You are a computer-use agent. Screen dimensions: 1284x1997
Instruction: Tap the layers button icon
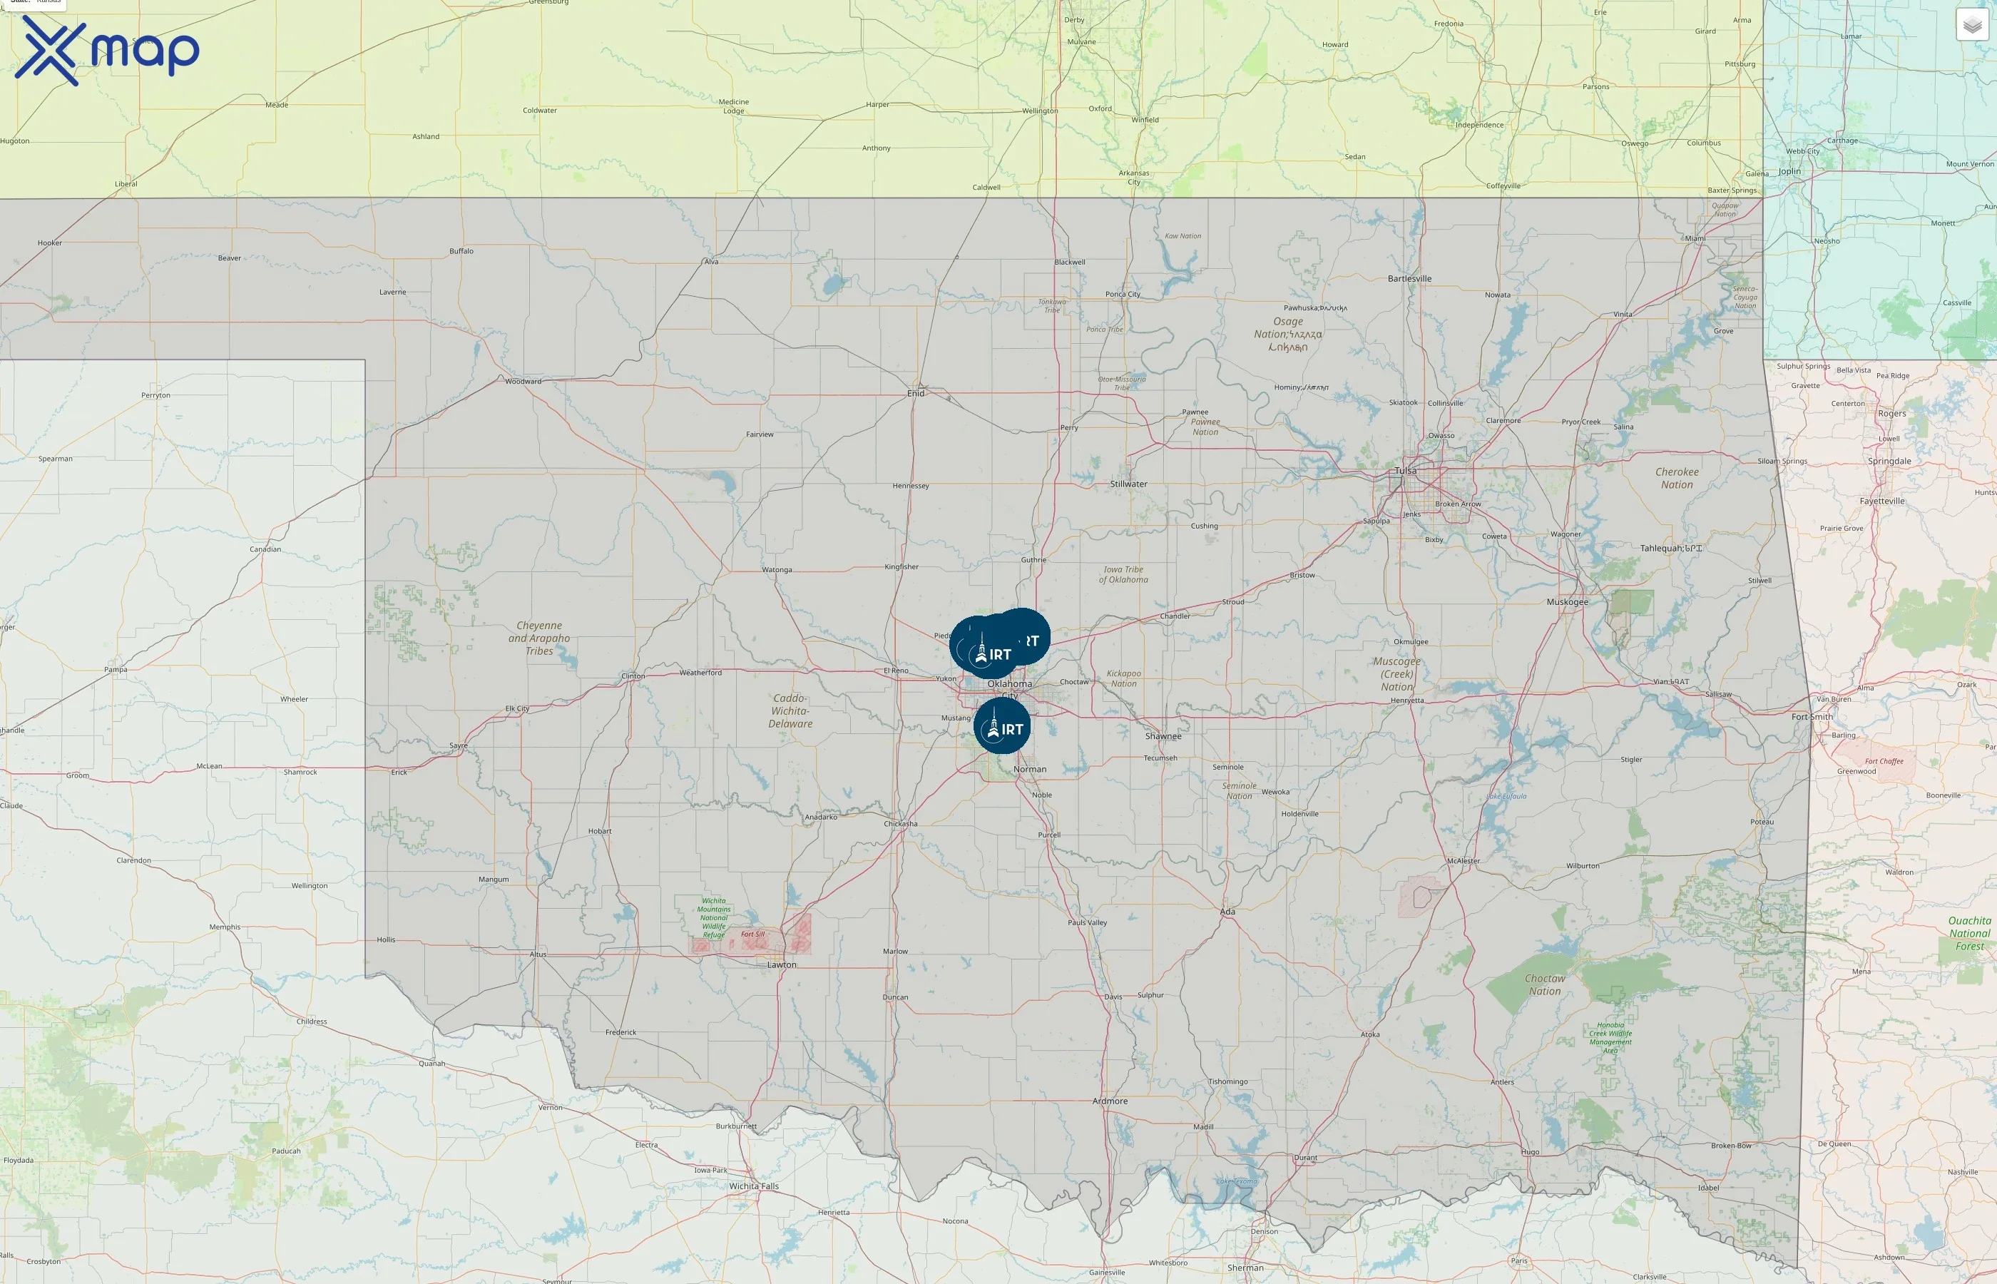point(1972,25)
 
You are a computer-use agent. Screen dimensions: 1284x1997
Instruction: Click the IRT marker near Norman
point(1002,726)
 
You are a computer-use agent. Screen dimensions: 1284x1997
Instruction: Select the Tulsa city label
point(1405,471)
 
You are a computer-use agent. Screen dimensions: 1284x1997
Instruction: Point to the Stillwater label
point(1128,484)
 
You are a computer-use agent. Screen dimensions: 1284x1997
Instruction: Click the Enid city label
point(915,394)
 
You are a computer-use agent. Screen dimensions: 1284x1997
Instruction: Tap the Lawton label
point(781,964)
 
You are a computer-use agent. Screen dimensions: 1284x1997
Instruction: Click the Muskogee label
point(1567,602)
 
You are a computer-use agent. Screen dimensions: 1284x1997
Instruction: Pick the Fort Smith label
point(1812,717)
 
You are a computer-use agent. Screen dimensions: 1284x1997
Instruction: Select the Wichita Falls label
point(753,1186)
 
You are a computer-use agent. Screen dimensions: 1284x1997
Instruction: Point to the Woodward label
point(523,382)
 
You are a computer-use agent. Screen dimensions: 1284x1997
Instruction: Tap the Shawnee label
point(1163,736)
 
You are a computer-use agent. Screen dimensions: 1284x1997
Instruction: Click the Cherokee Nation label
point(1676,479)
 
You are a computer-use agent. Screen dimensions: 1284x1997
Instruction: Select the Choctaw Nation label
point(1544,984)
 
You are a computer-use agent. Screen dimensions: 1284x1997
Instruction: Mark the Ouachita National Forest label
point(1969,934)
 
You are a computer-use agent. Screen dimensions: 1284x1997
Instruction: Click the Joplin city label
point(1789,172)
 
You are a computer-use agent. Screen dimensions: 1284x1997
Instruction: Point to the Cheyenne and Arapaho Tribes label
point(539,638)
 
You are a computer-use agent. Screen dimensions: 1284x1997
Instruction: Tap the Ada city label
point(1227,912)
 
